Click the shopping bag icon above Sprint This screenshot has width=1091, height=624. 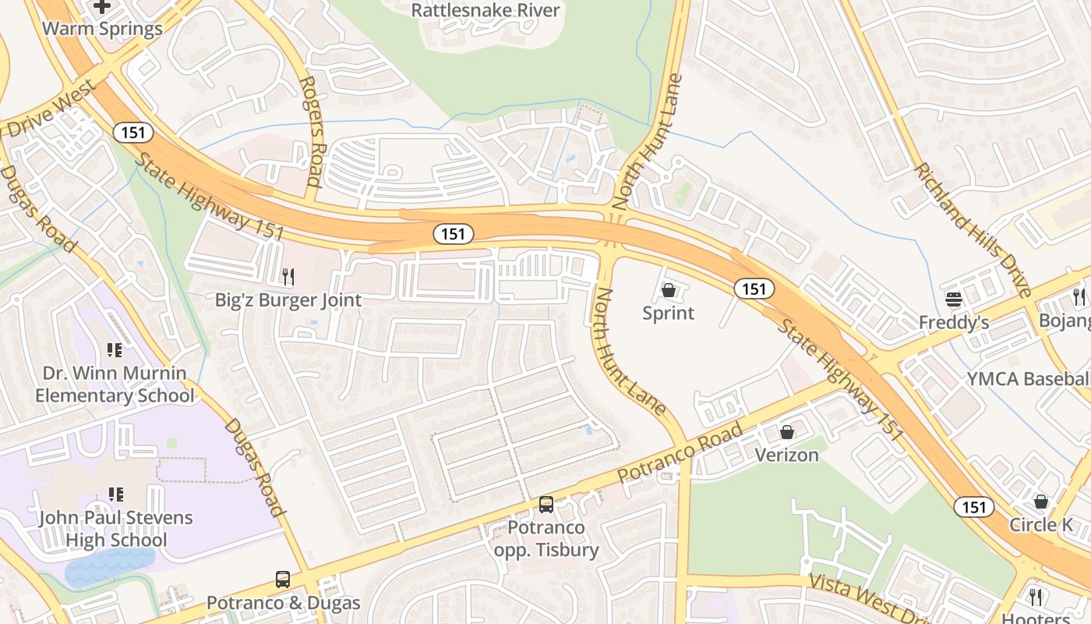pos(668,291)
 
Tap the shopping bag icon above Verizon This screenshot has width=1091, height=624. pos(787,432)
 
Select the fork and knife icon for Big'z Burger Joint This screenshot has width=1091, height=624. pos(288,276)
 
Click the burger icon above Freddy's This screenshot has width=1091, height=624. pos(954,299)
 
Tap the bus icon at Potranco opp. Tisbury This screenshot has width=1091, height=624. pos(546,505)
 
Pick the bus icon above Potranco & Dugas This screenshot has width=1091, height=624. pos(283,580)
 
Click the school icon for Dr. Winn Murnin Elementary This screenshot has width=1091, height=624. pos(115,350)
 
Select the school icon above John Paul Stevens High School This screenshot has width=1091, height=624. pos(116,494)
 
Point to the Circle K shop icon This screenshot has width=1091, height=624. pos(1041,502)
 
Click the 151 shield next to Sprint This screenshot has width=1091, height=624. pos(754,289)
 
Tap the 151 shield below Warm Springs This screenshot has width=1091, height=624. pos(133,133)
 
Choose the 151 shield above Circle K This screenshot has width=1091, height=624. pos(974,507)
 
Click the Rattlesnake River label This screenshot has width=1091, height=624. pos(485,10)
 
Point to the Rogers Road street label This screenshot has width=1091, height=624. pos(310,131)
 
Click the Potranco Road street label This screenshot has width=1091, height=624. pos(680,453)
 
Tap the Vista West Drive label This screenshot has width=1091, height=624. pos(865,599)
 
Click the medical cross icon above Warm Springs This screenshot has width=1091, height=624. pos(102,7)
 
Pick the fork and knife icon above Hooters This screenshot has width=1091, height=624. pos(1036,597)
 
